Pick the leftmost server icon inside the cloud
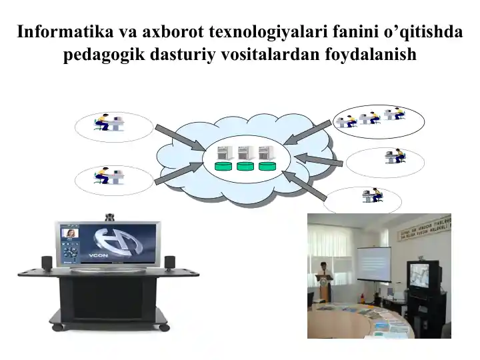[225, 151]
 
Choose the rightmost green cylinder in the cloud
[267, 166]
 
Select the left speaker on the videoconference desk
[47, 262]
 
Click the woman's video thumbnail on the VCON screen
[69, 234]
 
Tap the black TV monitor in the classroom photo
[423, 274]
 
